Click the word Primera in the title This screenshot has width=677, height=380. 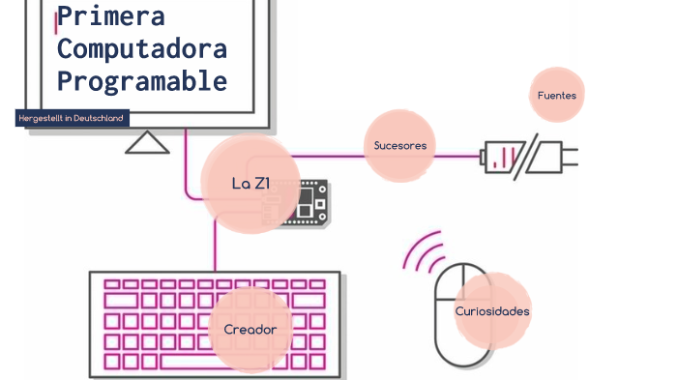(x=111, y=16)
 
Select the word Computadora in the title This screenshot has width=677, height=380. (x=142, y=48)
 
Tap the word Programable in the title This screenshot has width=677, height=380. (x=142, y=80)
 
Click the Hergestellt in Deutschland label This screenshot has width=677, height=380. (x=73, y=118)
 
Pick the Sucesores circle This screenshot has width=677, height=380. (x=399, y=146)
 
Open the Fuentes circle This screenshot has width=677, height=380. (x=557, y=95)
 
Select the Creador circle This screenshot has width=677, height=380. (x=250, y=330)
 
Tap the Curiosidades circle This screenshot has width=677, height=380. (x=492, y=310)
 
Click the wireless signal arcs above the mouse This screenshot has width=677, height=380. (x=423, y=254)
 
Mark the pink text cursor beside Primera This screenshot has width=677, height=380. (x=56, y=18)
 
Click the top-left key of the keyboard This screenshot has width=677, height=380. (x=112, y=285)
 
